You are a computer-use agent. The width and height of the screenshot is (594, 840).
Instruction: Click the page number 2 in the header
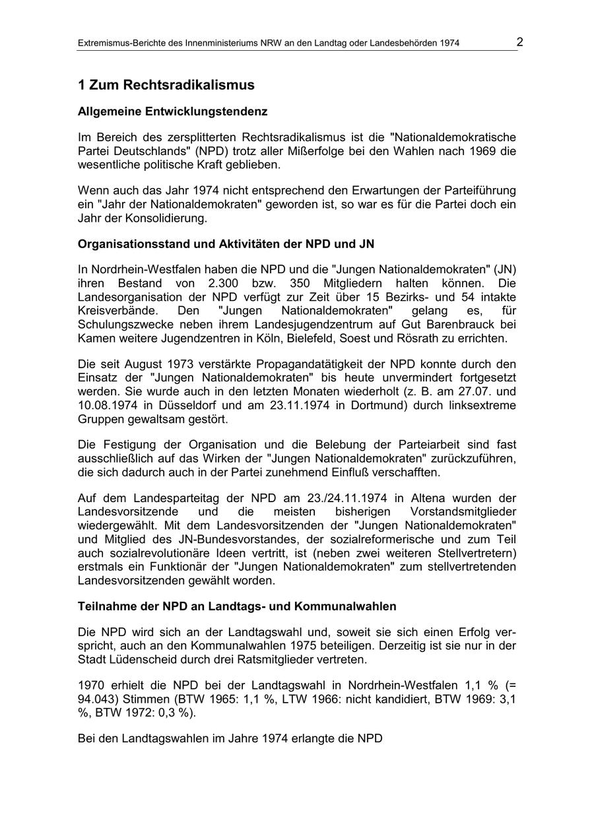point(520,42)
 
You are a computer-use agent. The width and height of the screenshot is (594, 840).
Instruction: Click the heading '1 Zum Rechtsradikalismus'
point(166,85)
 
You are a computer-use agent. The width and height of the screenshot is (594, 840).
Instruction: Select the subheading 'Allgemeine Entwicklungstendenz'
point(172,112)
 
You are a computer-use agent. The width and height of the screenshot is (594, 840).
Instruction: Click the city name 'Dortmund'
point(376,405)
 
